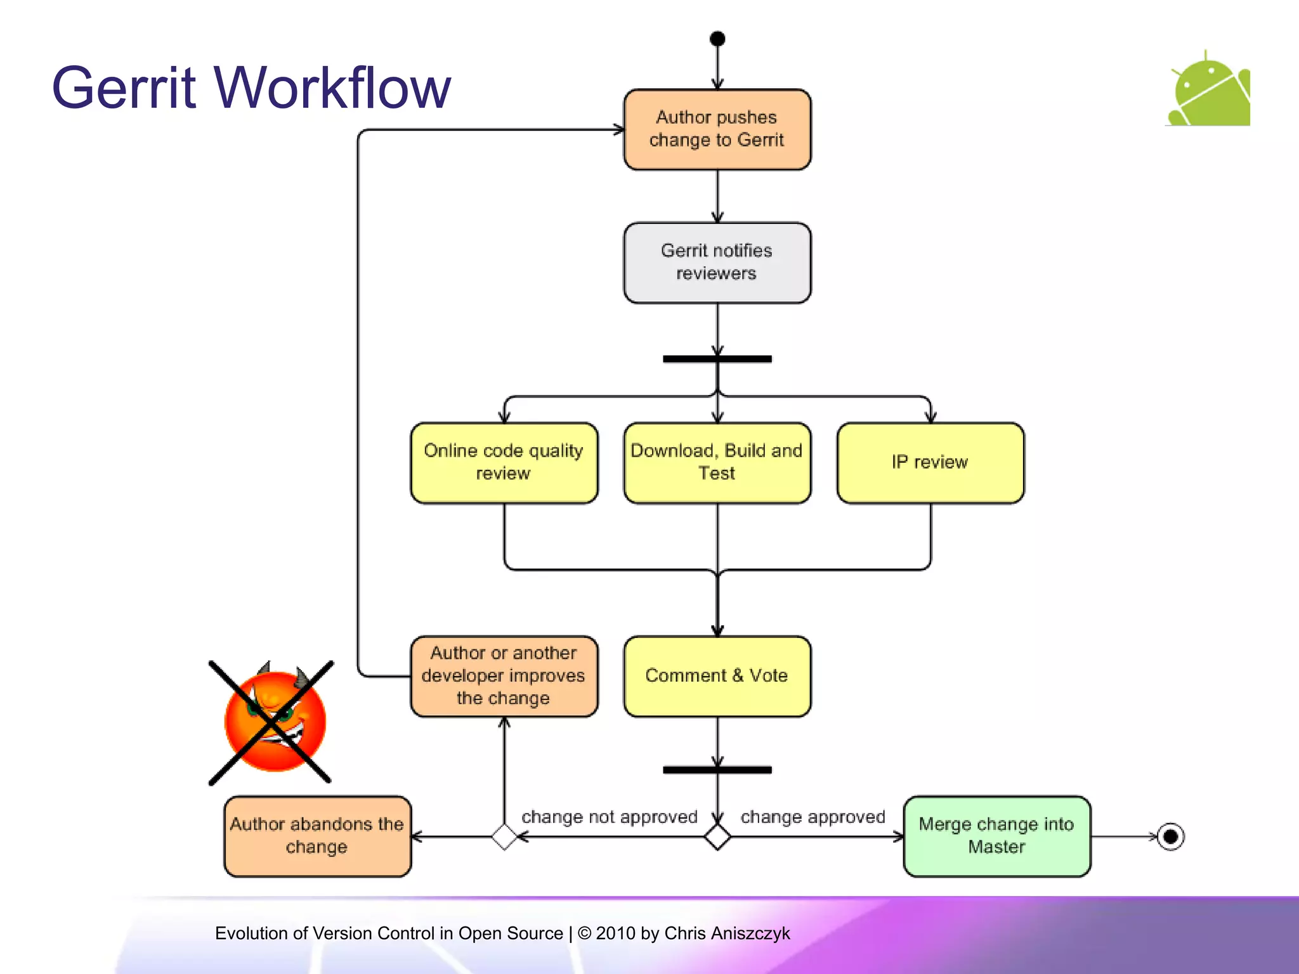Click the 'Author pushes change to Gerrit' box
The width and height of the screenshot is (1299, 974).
[x=717, y=129]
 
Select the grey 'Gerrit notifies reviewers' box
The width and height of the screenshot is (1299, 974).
[x=717, y=263]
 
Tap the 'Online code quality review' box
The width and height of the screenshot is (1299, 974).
[x=504, y=463]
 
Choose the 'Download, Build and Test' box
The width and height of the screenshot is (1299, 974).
[x=717, y=463]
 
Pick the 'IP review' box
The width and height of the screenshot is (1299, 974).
[x=930, y=463]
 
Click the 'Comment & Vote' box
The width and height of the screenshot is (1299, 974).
[x=717, y=676]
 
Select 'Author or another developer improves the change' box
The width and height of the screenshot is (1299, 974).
[x=504, y=676]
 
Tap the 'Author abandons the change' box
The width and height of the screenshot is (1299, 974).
[x=317, y=836]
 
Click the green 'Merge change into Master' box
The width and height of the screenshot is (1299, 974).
[x=996, y=836]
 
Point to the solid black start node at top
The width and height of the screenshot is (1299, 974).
[x=717, y=39]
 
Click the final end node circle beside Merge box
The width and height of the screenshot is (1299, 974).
[x=1170, y=836]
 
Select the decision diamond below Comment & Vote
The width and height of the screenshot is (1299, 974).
[x=717, y=837]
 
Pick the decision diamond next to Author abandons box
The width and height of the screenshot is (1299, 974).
[x=504, y=837]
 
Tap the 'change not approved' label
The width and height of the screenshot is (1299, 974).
[x=609, y=817]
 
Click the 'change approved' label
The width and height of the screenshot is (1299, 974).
[x=813, y=817]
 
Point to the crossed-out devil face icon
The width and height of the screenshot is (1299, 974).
[x=274, y=722]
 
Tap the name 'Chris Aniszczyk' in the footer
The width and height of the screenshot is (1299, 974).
[x=727, y=933]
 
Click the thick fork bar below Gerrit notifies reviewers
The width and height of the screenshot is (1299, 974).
[x=717, y=359]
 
